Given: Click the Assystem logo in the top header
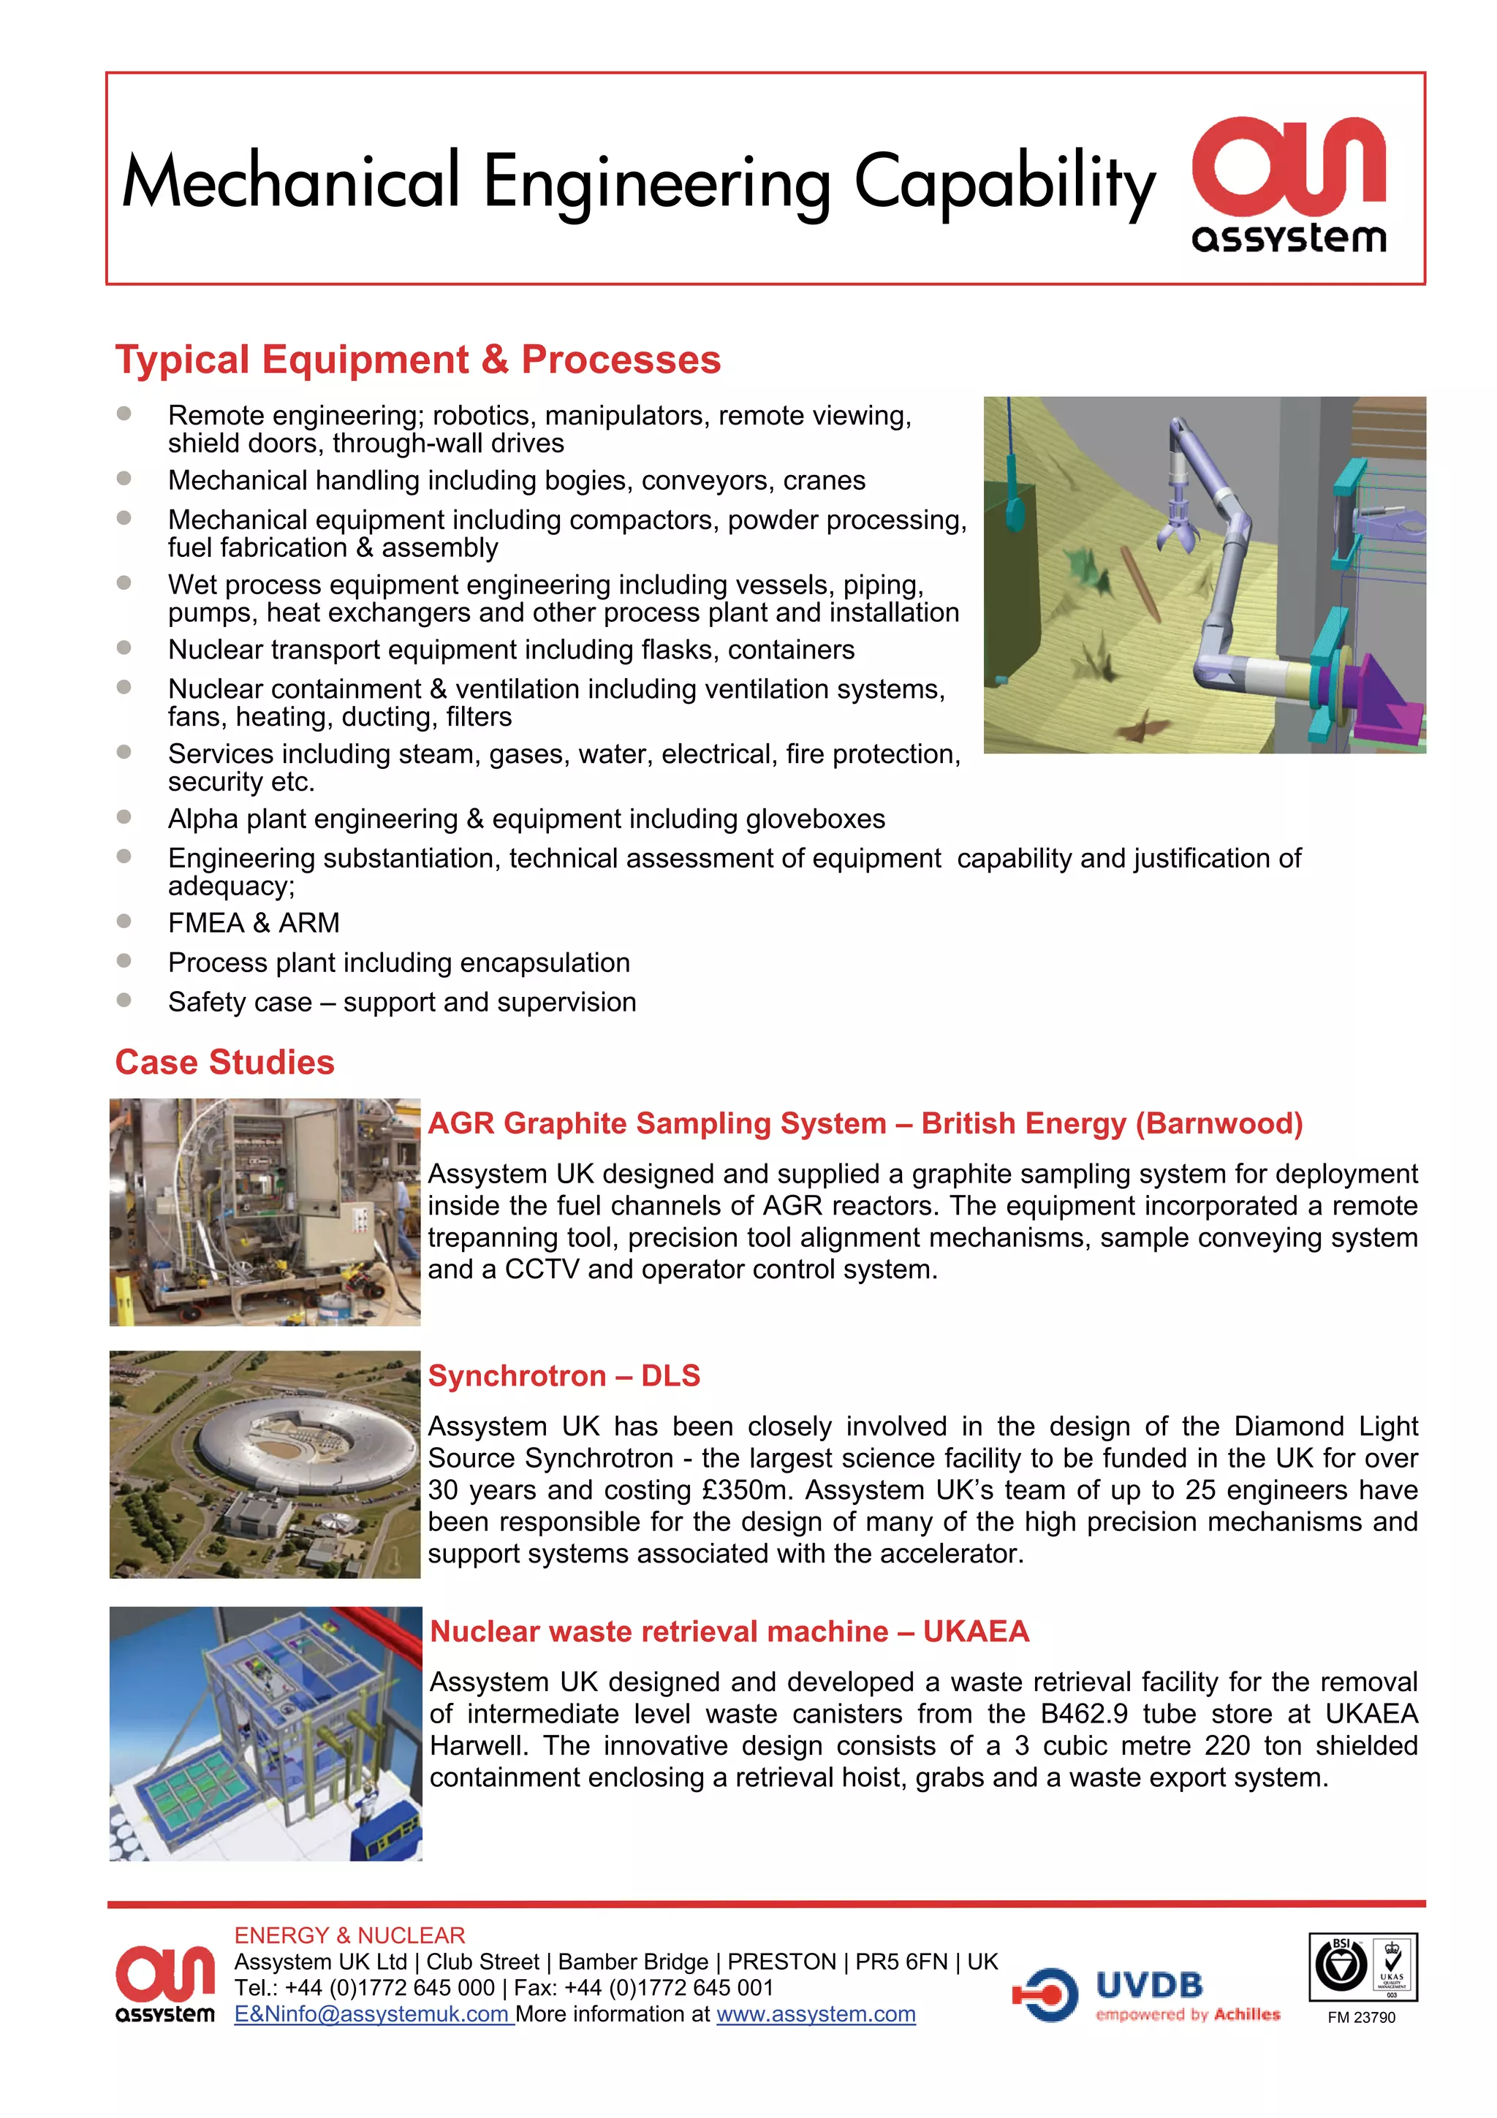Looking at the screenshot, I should pyautogui.click(x=1289, y=184).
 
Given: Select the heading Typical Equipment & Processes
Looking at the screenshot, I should pyautogui.click(x=418, y=360).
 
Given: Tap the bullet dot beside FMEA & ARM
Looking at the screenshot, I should pyautogui.click(x=124, y=921).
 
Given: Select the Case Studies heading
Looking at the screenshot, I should pyautogui.click(x=224, y=1062).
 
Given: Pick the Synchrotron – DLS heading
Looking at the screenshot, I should pyautogui.click(x=564, y=1375).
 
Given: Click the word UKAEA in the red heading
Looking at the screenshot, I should pyautogui.click(x=975, y=1631).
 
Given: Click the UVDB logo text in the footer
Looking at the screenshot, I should pyautogui.click(x=1149, y=1984).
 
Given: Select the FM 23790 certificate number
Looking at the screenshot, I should pyautogui.click(x=1362, y=2017).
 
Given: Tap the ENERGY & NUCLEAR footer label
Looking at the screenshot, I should pyautogui.click(x=349, y=1935).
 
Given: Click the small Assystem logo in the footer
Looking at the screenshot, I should pyautogui.click(x=165, y=1984).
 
